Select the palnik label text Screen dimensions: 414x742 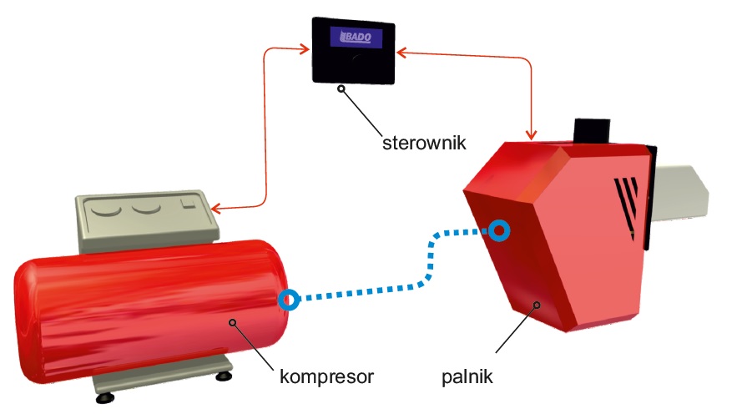[x=467, y=376]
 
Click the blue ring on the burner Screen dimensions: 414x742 [x=499, y=230]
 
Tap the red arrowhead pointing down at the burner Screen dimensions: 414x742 [x=530, y=133]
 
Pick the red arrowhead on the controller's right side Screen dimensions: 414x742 [x=401, y=53]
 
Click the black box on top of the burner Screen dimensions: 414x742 [x=593, y=130]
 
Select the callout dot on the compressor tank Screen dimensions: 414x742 [x=235, y=321]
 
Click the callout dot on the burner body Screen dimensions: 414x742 [x=538, y=305]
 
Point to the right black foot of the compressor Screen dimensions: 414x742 [x=223, y=376]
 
